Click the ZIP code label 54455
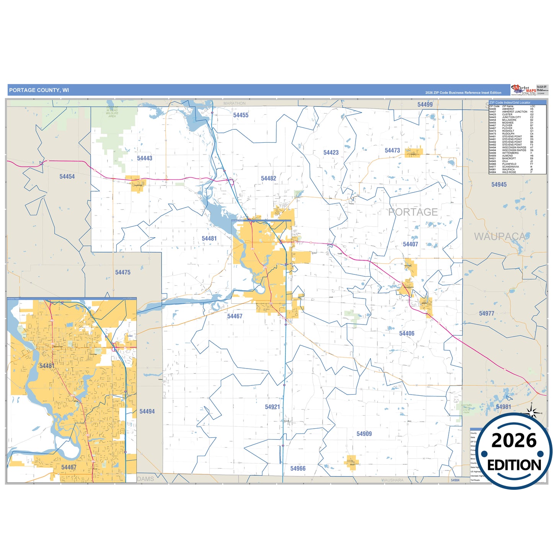click(x=241, y=115)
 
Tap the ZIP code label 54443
click(x=145, y=158)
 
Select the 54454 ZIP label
click(x=67, y=177)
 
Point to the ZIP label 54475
click(x=123, y=272)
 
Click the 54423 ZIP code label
click(x=331, y=153)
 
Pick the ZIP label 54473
click(x=392, y=151)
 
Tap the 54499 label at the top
click(x=425, y=105)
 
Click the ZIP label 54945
click(x=499, y=185)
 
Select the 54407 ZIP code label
click(x=410, y=245)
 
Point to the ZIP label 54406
click(x=406, y=334)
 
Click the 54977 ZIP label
click(x=486, y=314)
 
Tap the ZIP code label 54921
click(x=272, y=407)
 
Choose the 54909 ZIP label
click(x=364, y=434)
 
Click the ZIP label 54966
click(x=298, y=469)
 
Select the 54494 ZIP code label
click(x=147, y=412)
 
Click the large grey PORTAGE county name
click(x=413, y=212)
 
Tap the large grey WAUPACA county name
click(x=500, y=237)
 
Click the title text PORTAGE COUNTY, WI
click(x=39, y=90)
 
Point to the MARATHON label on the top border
click(x=235, y=103)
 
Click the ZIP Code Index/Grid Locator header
click(x=510, y=103)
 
